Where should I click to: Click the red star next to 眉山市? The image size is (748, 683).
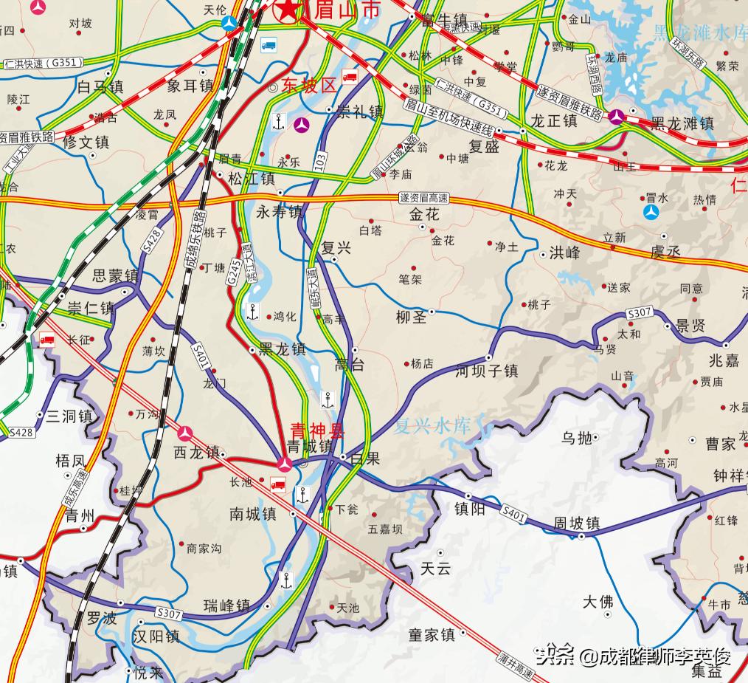pyautogui.click(x=287, y=10)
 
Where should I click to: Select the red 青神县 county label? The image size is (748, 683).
pyautogui.click(x=317, y=430)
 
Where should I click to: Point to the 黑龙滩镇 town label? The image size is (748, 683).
pyautogui.click(x=682, y=123)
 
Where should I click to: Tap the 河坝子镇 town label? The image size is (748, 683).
pyautogui.click(x=487, y=370)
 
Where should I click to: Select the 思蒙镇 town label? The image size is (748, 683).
pyautogui.click(x=115, y=276)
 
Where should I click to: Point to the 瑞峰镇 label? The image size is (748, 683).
pyautogui.click(x=226, y=606)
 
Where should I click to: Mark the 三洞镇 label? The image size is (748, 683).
pyautogui.click(x=69, y=416)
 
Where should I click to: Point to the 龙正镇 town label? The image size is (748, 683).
pyautogui.click(x=553, y=120)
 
